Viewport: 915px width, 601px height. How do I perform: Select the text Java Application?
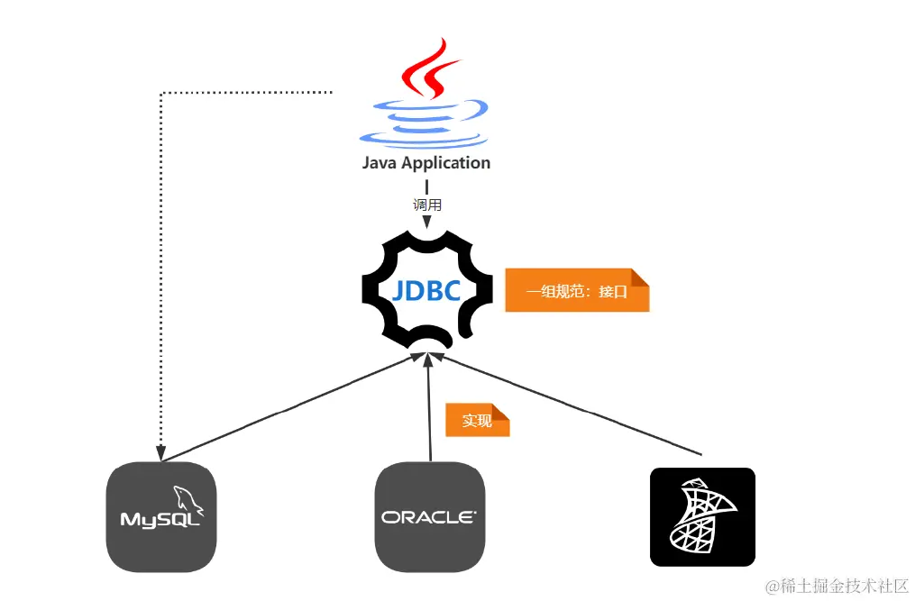tap(426, 163)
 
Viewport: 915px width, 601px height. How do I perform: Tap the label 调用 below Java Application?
tap(426, 205)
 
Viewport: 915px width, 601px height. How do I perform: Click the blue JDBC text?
tap(426, 291)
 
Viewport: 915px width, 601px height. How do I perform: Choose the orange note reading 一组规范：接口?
tap(576, 291)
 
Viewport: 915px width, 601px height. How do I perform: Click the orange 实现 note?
tap(477, 421)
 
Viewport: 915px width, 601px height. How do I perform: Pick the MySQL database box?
tap(161, 517)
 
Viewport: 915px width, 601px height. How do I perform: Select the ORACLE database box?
tap(430, 517)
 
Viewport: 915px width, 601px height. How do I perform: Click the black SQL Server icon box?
tap(702, 517)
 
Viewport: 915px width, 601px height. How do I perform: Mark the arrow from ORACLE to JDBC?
tap(430, 405)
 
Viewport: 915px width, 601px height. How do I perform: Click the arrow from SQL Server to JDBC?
tap(568, 404)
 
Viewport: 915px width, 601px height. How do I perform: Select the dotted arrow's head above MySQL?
tap(160, 454)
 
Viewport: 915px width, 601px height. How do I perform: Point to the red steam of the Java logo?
tap(424, 68)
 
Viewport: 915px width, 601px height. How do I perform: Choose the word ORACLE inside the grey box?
tap(427, 517)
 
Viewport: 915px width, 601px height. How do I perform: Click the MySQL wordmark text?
tap(160, 521)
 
